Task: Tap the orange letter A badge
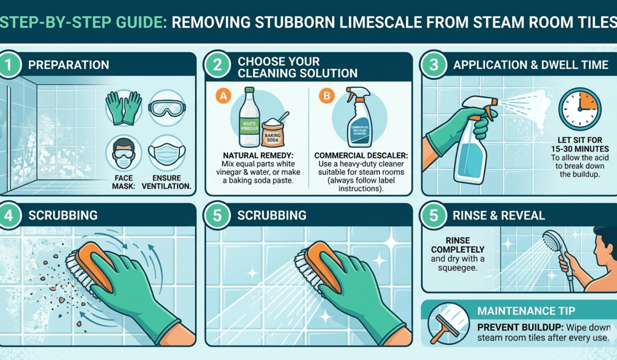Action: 222,95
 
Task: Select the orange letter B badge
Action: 325,95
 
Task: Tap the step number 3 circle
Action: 433,65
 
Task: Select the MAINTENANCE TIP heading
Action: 527,311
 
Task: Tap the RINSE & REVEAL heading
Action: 499,215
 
